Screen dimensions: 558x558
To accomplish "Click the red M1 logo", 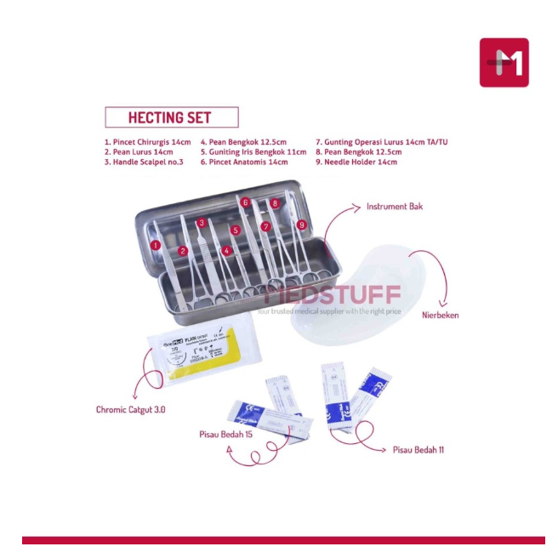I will pos(504,62).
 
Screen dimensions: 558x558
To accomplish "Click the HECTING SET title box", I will pos(171,117).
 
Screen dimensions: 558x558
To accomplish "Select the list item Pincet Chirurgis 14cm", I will pos(147,142).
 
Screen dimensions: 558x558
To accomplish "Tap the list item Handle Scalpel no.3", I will pos(144,162).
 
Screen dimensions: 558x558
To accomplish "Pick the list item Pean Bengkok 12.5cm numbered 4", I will pos(243,142).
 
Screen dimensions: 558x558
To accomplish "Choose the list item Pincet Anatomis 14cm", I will pos(244,162).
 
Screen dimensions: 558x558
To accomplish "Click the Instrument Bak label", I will pos(394,207).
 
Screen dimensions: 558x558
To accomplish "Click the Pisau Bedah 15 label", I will pos(225,435).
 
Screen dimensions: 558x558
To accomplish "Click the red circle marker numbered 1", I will pos(155,245).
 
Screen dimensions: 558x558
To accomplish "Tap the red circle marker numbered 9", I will pos(302,225).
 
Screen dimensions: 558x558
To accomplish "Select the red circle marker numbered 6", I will pos(245,202).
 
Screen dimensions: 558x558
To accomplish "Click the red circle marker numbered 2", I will pos(183,251).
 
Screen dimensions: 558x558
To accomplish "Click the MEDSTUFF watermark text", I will pos(332,296).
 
